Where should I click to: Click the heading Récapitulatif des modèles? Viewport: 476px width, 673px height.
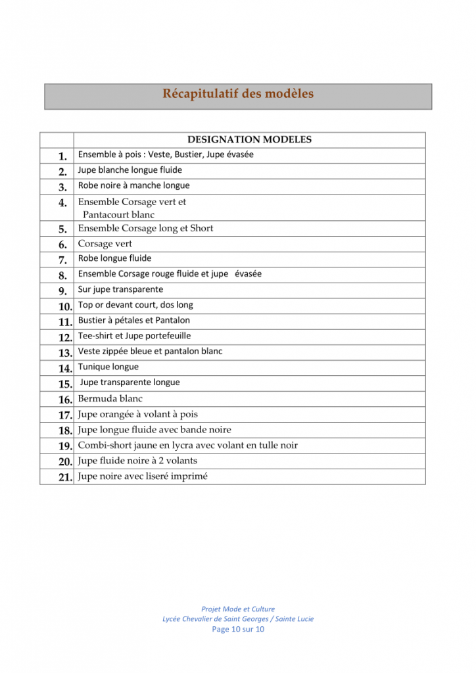click(238, 94)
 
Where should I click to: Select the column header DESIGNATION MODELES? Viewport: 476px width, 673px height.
click(249, 139)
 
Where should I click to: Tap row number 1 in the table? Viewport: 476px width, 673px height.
click(62, 156)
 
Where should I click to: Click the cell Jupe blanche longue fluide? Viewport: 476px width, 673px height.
click(130, 170)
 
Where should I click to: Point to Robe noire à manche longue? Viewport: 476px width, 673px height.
click(133, 185)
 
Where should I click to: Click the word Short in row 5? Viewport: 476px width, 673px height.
click(202, 229)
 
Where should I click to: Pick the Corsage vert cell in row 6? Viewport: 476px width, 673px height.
click(105, 244)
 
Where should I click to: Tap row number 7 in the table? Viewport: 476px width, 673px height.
click(62, 260)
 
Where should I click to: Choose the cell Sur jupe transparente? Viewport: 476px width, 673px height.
click(120, 289)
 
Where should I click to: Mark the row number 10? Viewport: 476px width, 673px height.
click(64, 306)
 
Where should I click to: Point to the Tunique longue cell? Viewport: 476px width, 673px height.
click(108, 367)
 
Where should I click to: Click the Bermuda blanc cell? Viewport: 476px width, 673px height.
click(110, 399)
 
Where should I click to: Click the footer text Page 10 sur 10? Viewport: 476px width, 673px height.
click(238, 629)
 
